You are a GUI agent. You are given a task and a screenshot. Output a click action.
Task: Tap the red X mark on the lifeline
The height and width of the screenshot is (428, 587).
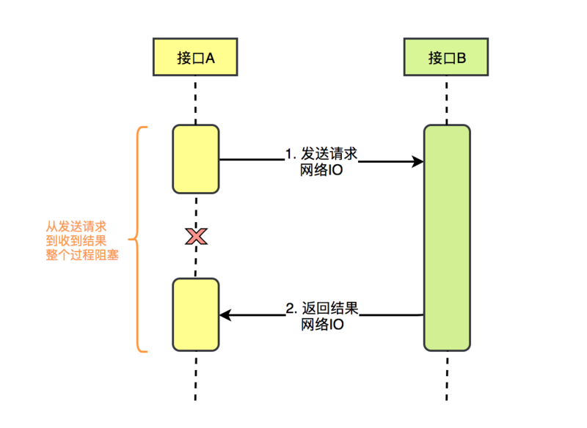pos(196,236)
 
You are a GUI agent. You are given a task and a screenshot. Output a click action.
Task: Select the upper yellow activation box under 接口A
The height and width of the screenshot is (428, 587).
pos(196,159)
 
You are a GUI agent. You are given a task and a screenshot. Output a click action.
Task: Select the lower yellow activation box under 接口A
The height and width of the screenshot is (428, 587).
pos(196,314)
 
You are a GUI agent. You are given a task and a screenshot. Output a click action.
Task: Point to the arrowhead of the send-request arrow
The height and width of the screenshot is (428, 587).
pos(419,161)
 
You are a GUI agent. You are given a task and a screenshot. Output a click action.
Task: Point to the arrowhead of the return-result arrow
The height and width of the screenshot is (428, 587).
pos(225,315)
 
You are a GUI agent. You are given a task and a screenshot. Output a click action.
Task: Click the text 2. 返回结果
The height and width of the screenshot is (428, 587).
pos(321,308)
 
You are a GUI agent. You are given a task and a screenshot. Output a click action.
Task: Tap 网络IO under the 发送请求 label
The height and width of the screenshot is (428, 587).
pos(321,171)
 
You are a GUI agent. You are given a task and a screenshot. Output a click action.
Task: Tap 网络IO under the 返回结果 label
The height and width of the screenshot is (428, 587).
pos(321,325)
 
